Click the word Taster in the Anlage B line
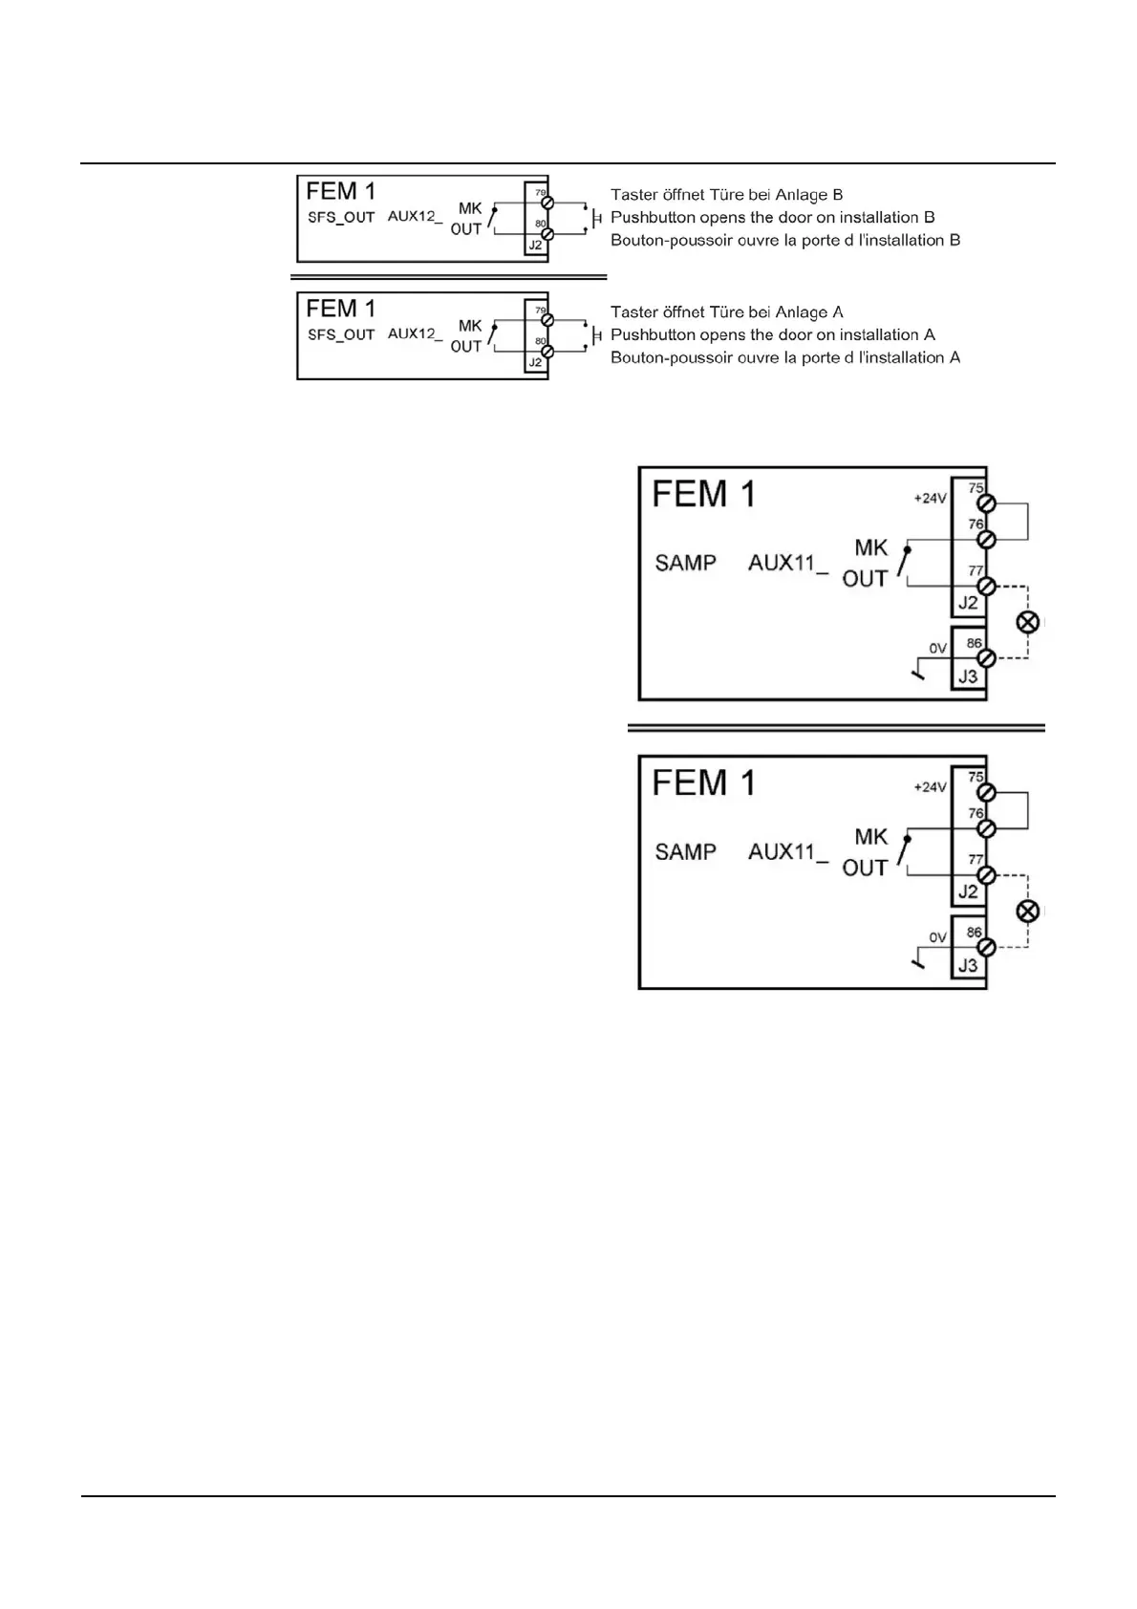point(633,195)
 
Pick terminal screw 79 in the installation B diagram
point(547,204)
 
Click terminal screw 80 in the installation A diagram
point(547,351)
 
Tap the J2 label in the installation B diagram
point(536,247)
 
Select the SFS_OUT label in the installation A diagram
point(341,335)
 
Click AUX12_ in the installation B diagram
point(415,217)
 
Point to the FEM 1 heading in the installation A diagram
point(341,309)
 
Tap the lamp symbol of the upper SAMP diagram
point(1027,622)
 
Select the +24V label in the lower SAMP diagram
point(930,787)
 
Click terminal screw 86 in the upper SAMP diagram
point(987,657)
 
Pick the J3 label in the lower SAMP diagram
point(968,965)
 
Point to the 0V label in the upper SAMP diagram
point(937,649)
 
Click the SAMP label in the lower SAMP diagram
point(685,852)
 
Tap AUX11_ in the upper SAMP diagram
point(787,564)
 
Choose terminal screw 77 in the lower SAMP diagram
point(987,875)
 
